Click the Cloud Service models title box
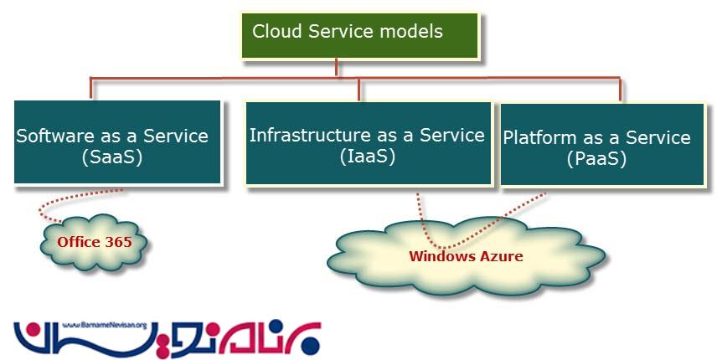360,35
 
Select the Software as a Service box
117,141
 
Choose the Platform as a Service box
601,144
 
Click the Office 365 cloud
94,243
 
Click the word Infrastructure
308,135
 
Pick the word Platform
539,137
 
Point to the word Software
55,136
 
